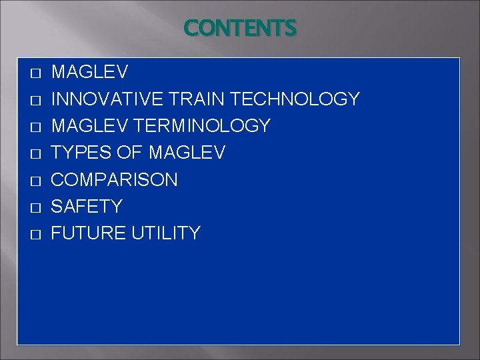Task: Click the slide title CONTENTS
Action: coord(240,28)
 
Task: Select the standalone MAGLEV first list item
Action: coord(90,72)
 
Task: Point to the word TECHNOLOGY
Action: coord(295,99)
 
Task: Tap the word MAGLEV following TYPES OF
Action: coord(187,153)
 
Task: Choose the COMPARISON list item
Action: coord(115,180)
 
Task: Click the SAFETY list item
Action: coord(87,207)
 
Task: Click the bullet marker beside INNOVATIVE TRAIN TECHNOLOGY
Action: coord(36,100)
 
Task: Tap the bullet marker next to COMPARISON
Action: coord(36,181)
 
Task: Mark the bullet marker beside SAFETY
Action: coord(36,207)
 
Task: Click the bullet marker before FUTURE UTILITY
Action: coord(36,234)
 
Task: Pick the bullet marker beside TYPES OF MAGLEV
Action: coord(36,153)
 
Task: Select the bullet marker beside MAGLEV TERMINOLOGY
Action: coord(36,127)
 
